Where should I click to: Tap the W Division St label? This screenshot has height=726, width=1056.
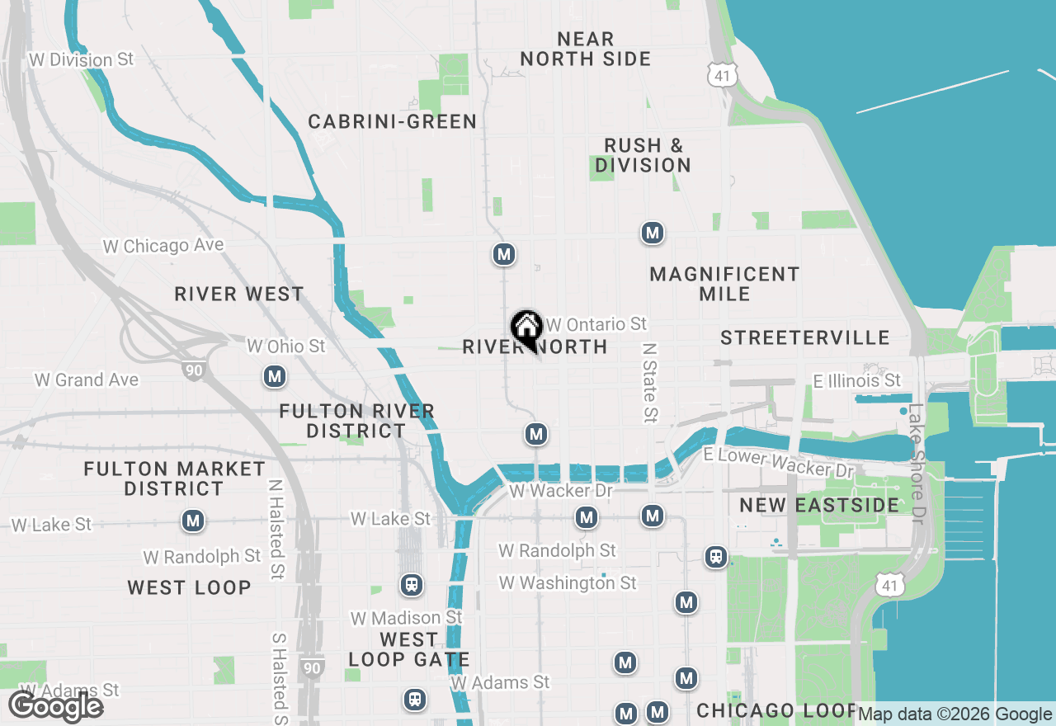point(81,60)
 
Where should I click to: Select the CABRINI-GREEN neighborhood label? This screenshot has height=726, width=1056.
point(393,122)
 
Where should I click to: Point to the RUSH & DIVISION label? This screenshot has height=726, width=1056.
point(643,155)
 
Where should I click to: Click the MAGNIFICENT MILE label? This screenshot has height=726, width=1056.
point(724,284)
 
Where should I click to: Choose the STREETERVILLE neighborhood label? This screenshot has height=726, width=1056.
point(805,338)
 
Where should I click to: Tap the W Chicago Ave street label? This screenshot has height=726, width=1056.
point(163,246)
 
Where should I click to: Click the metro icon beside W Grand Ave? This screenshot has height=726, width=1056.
point(275,377)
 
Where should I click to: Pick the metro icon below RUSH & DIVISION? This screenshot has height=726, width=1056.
point(653,233)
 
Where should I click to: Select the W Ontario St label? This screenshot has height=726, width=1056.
point(596,324)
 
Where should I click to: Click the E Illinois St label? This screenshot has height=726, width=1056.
point(857,380)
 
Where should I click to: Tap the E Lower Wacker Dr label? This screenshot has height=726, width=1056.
point(779,463)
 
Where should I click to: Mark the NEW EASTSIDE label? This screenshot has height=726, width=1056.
point(819,505)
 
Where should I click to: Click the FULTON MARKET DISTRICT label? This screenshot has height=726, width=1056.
point(175,478)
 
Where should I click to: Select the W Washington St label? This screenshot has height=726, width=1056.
point(568,583)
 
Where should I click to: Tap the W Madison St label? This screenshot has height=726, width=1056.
point(407,618)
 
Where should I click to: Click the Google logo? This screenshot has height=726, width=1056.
point(55,707)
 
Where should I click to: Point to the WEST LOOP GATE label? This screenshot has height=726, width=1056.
point(409,649)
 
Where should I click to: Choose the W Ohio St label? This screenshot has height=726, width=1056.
point(286,346)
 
